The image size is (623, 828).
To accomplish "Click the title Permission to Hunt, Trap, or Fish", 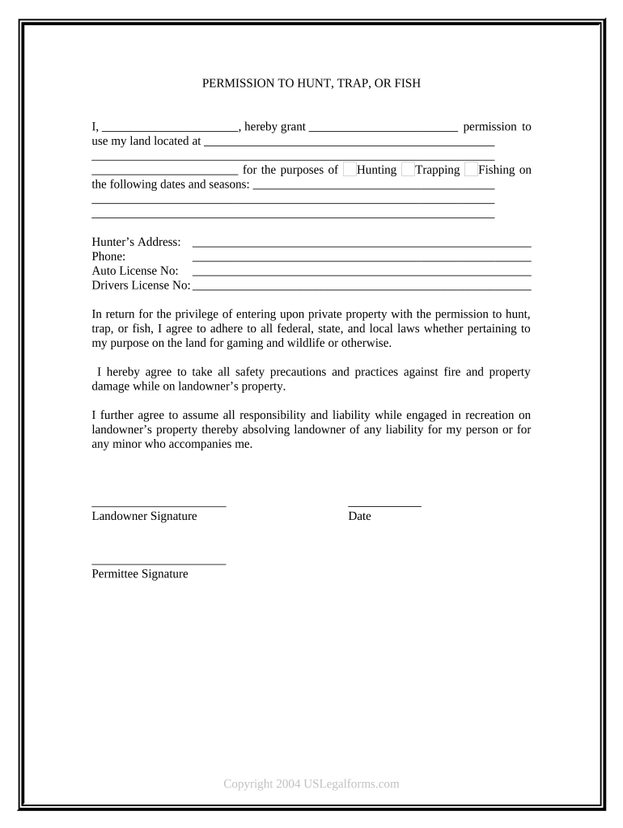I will pos(311,83).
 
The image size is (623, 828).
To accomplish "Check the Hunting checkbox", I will pos(350,170).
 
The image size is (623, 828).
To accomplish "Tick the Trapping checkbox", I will pos(408,170).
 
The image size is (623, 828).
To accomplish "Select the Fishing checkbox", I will pos(471,170).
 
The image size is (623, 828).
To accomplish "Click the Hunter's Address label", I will pos(136,242).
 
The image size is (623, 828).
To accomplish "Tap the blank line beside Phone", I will pos(361,259).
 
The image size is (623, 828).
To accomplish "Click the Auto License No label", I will pos(135,271).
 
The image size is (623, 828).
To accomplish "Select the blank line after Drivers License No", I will pos(361,288).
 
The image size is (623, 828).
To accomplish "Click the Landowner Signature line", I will pos(159,505).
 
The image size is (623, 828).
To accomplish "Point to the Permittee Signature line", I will pos(159,563).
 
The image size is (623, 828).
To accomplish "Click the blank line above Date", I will pos(384,505).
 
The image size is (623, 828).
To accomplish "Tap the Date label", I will pos(359,516).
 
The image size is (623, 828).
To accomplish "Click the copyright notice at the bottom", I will pos(311,784).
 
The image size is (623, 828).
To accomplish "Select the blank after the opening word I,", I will pos(170,129).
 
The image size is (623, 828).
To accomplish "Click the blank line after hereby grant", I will pos(384,129).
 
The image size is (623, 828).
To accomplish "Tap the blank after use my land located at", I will pos(349,143).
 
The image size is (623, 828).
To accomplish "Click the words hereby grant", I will pos(274,127).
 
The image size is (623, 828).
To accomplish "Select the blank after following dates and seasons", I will pos(374,187).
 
